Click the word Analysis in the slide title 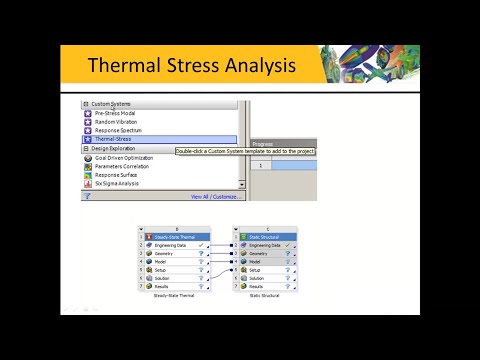[257, 68]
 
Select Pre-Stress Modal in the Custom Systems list [116, 113]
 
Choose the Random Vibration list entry [118, 122]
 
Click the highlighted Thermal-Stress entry [114, 140]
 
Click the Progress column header [263, 144]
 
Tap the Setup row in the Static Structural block [256, 270]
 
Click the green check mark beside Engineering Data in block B [201, 245]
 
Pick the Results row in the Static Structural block [258, 287]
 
